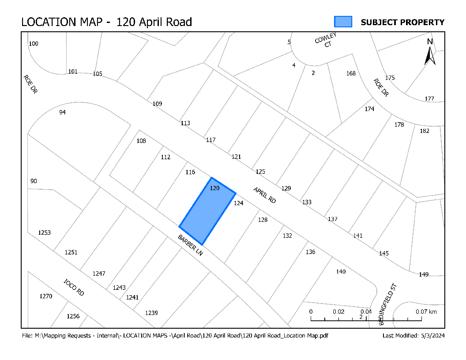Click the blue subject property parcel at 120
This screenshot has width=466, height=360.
tap(207, 211)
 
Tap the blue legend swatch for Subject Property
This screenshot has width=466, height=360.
tap(343, 22)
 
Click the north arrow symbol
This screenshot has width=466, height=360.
tap(430, 52)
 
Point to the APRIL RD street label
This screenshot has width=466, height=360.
tap(264, 195)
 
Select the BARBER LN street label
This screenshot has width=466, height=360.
tap(190, 246)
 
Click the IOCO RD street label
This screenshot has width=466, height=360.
tap(73, 287)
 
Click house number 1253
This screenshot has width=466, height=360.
tap(45, 232)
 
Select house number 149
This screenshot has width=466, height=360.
tap(424, 274)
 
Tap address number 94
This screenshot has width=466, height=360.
tap(62, 112)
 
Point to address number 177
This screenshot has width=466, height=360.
tap(429, 98)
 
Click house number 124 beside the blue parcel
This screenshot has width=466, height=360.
tap(238, 203)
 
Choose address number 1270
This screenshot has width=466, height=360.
tap(46, 296)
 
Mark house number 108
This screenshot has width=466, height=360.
tap(141, 141)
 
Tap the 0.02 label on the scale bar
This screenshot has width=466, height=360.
tap(339, 311)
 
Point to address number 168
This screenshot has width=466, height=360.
tap(351, 73)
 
